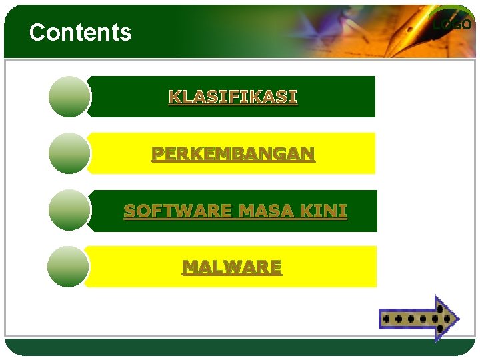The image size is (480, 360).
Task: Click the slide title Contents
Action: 81,32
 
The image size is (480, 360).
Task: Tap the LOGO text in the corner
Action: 452,25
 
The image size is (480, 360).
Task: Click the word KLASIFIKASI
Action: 233,97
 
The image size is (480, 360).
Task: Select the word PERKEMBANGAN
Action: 233,154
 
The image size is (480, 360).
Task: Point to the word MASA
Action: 267,211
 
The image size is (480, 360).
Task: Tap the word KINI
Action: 323,211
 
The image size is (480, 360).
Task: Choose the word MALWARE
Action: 232,267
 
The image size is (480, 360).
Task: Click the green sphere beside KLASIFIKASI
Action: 69,97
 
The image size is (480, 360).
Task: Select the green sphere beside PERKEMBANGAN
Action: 69,153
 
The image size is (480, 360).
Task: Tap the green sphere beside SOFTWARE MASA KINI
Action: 69,210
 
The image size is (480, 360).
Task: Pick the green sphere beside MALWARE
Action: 68,267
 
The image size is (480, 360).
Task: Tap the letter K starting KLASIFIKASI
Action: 174,97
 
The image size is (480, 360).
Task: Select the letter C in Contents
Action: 37,32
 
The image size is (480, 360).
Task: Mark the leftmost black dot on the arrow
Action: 388,319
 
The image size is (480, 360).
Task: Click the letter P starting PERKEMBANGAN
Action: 157,154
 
